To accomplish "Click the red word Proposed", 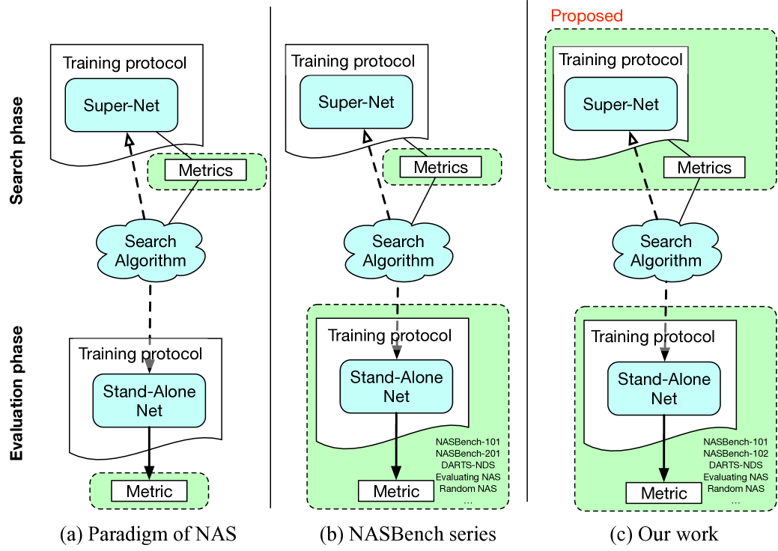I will [587, 15].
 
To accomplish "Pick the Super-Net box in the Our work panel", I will [622, 104].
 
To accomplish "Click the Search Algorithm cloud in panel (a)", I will [151, 251].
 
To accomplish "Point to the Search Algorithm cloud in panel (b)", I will [398, 251].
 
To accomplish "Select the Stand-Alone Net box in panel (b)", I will [396, 386].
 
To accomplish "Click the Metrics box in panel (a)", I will [205, 170].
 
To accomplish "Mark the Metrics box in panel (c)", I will [704, 168].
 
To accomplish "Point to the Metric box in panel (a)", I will [149, 491].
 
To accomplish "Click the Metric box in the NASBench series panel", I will [396, 491].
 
